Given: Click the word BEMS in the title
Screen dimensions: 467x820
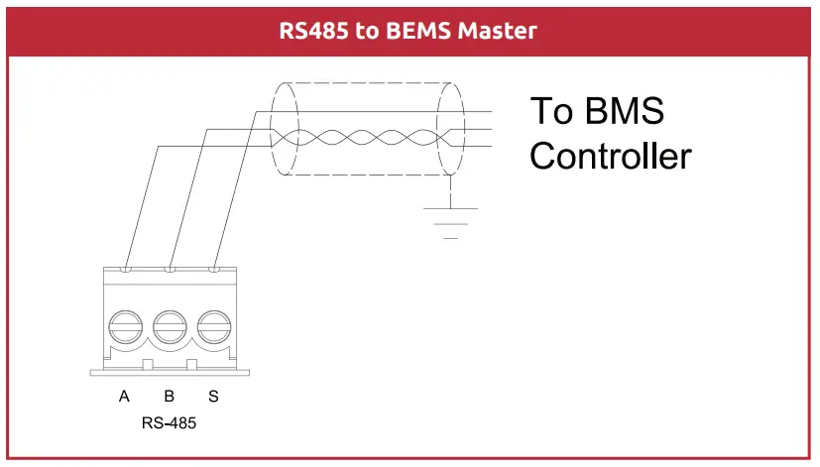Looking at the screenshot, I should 421,31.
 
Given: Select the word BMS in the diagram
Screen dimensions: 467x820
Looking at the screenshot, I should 624,111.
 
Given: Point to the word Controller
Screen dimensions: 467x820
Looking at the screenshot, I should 610,156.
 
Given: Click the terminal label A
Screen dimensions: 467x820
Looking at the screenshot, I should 124,397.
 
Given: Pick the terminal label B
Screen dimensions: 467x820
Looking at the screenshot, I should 169,397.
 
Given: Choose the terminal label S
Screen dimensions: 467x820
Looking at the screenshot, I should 213,397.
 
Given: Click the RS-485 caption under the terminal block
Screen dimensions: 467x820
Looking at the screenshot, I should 170,423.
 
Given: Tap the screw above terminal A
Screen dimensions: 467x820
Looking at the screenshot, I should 125,326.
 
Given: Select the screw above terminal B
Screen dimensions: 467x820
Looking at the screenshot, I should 170,326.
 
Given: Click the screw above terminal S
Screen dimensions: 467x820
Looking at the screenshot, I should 213,326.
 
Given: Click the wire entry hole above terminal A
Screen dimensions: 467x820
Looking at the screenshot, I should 126,269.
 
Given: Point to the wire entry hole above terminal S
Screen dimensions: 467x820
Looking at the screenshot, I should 214,269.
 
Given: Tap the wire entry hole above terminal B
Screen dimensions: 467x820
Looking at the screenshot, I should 171,269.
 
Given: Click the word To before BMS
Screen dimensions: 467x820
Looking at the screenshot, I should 550,111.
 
